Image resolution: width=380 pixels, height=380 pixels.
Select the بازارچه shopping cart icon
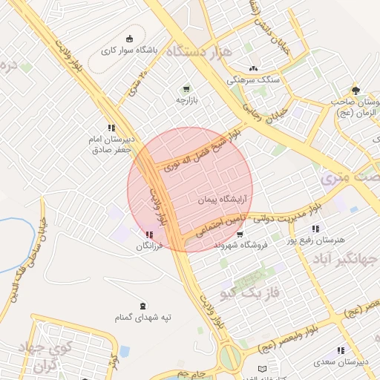coord(186,88)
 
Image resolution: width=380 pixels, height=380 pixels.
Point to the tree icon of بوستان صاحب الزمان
coord(356,91)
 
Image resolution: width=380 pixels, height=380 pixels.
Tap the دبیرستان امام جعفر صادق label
coord(111,145)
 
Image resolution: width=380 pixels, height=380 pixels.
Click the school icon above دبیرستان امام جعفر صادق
coord(111,128)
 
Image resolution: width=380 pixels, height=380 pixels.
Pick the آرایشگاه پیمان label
coord(222,200)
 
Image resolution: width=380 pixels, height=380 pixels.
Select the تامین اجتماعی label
coord(220,230)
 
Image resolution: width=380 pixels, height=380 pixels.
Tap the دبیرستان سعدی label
coord(343,363)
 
